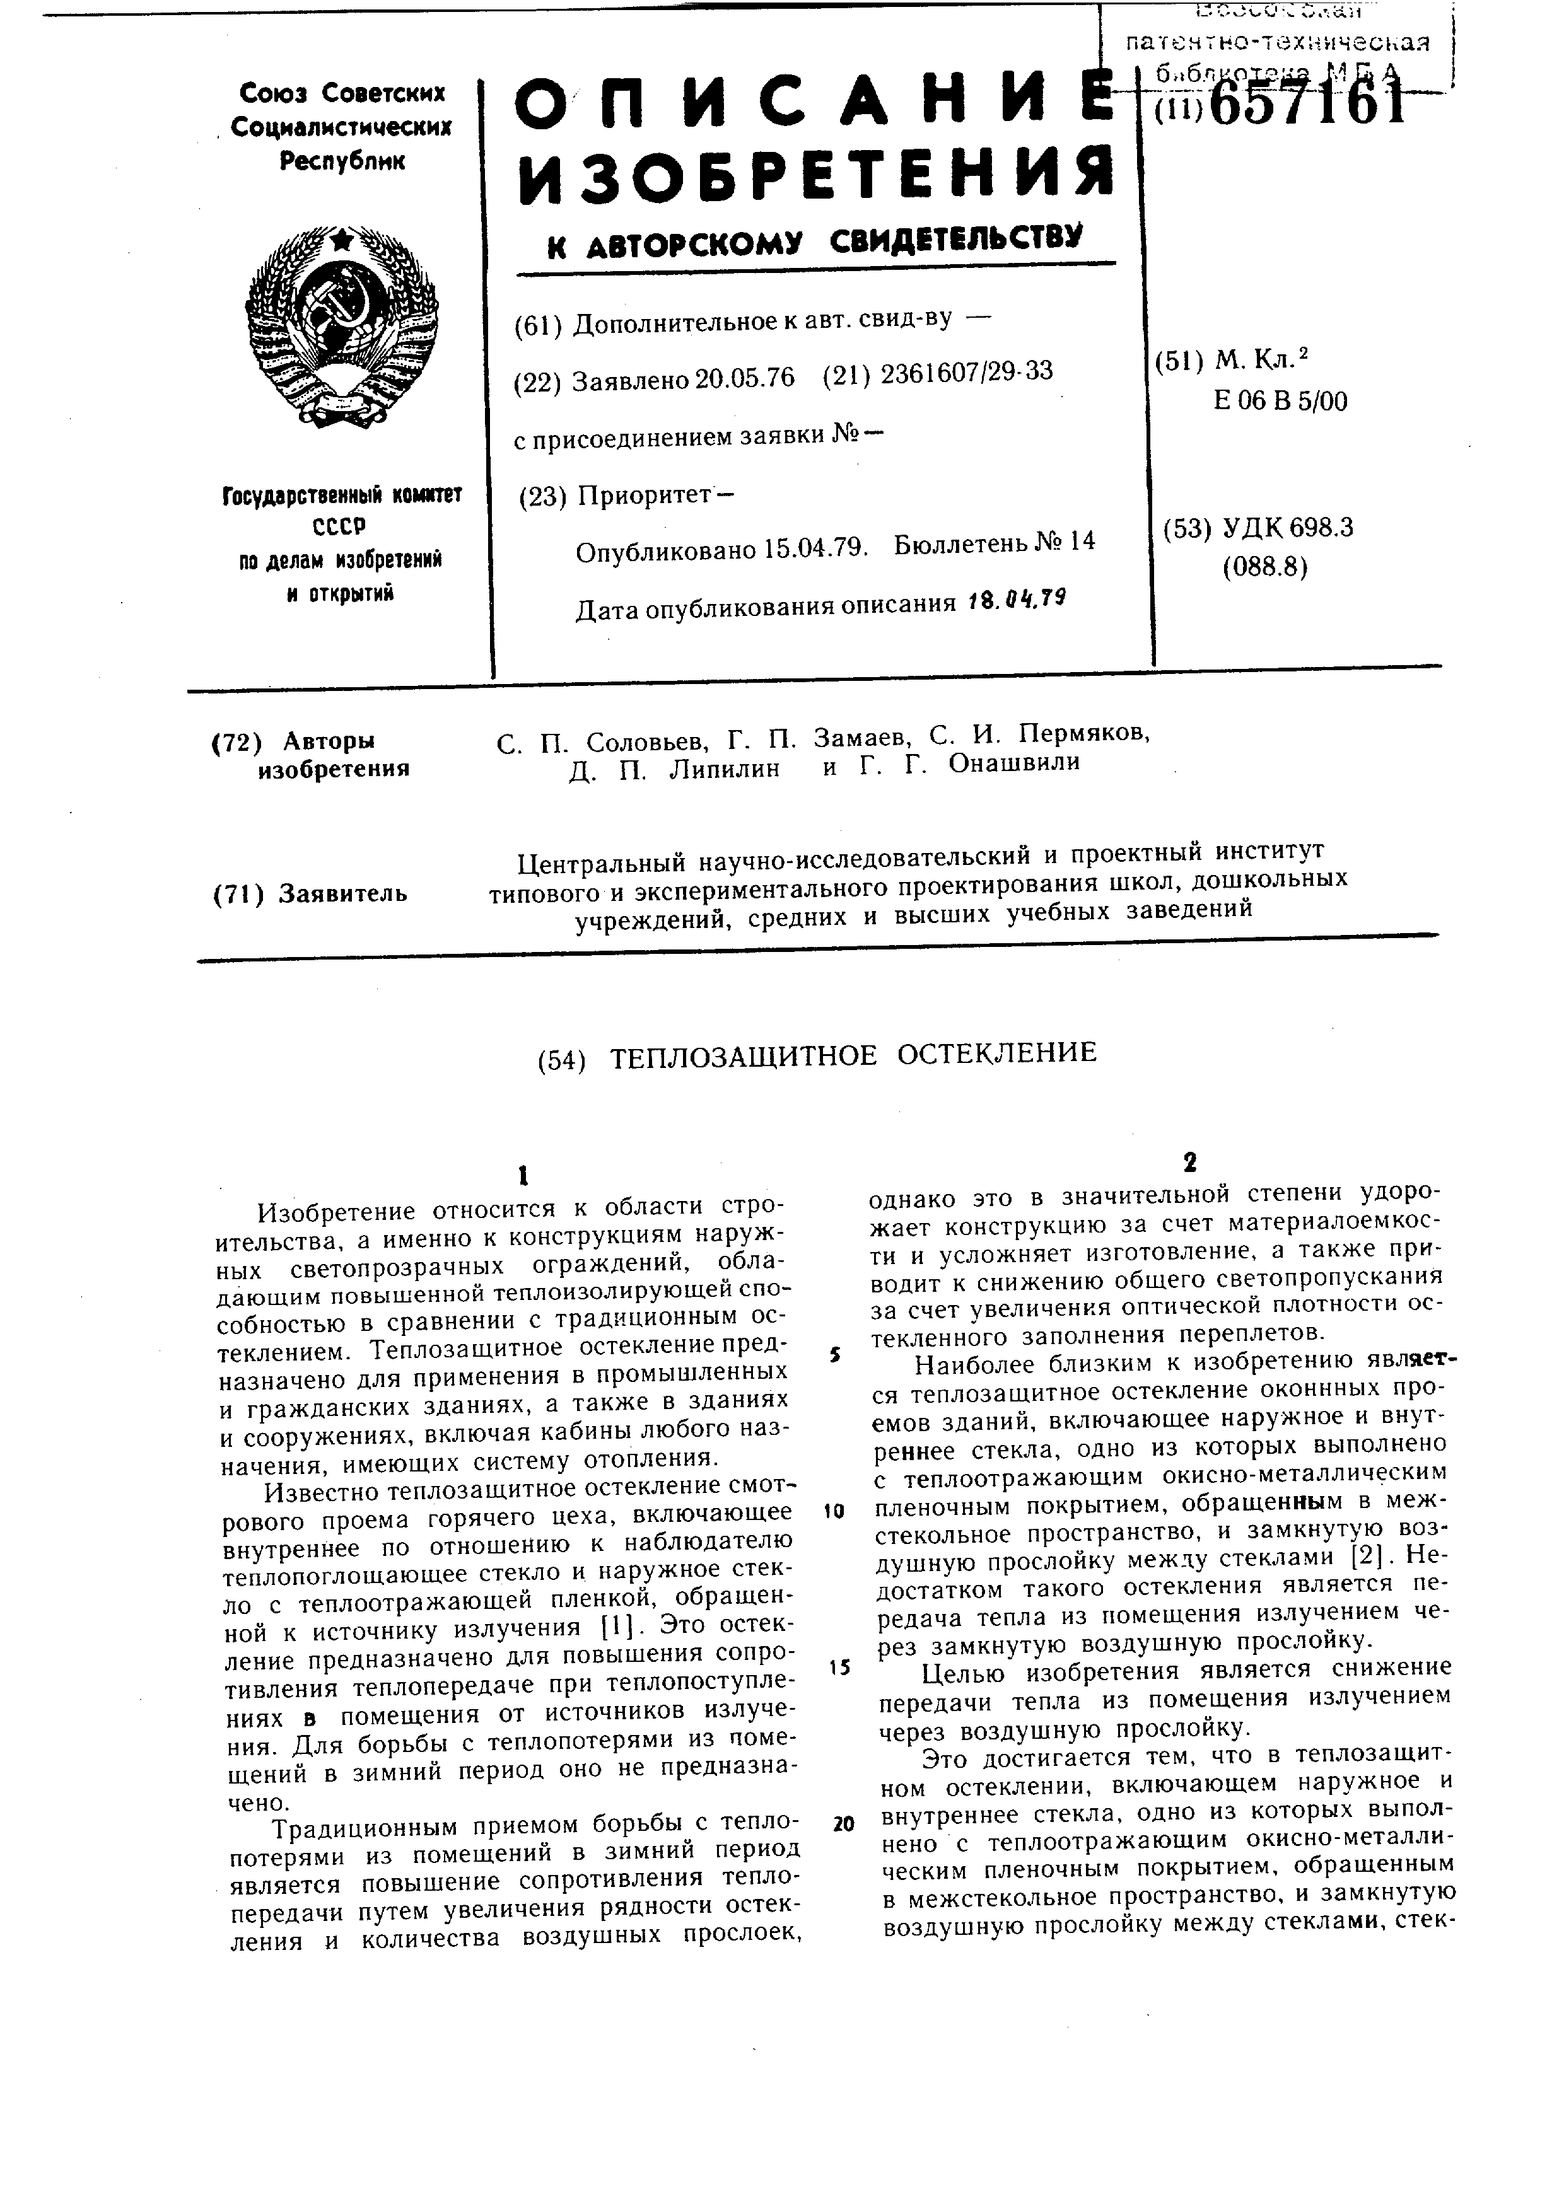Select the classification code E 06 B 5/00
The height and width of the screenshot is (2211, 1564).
[1281, 400]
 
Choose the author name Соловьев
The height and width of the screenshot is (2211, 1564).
[646, 743]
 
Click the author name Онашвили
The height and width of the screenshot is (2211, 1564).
[1013, 763]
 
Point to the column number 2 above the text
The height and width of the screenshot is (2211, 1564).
[1190, 1163]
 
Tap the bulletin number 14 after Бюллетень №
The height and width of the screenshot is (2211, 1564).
[1082, 541]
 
